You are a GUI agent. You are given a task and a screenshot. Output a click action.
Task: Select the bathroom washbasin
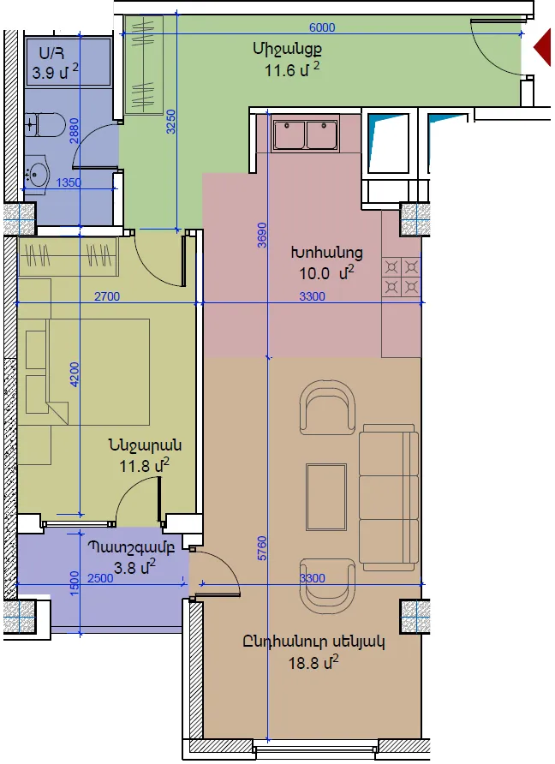[37, 173]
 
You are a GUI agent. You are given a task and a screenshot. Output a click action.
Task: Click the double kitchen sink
[306, 134]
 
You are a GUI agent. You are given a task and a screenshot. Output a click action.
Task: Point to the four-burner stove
[402, 277]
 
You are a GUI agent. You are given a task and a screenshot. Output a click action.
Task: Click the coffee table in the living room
[326, 497]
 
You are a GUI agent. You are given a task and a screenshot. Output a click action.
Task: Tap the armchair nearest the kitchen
[327, 408]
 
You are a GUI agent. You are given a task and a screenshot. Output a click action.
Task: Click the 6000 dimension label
[322, 27]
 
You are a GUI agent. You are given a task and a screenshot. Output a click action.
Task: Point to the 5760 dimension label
[262, 548]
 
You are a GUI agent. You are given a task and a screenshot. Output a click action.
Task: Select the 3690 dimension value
[262, 235]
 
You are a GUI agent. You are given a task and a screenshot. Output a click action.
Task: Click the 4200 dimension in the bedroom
[75, 374]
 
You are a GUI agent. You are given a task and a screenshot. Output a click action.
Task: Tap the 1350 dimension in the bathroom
[69, 182]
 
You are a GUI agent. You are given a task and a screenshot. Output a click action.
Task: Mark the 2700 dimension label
[107, 296]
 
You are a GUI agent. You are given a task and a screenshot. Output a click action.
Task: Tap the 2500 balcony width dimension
[100, 578]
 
